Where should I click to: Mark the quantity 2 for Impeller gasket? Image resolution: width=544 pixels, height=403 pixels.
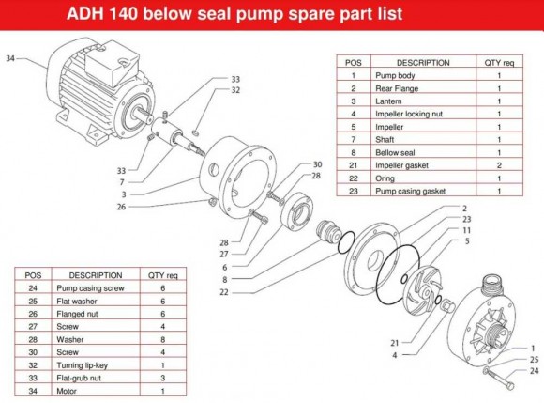pos(499,164)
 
